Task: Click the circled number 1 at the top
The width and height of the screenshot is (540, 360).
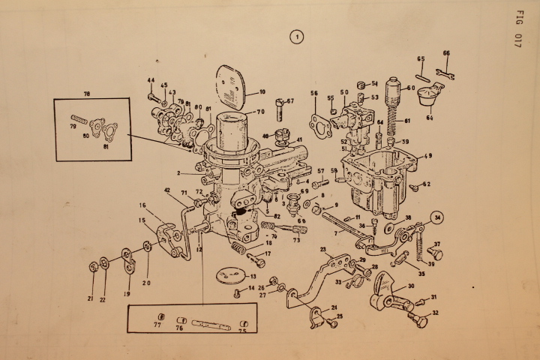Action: (298, 35)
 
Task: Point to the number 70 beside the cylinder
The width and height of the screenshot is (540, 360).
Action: (260, 112)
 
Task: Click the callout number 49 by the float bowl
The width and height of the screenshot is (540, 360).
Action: (427, 156)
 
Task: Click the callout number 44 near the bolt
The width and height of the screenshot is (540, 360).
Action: (151, 81)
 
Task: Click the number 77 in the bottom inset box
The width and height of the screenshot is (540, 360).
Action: (157, 326)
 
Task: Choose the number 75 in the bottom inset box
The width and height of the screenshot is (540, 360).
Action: (242, 331)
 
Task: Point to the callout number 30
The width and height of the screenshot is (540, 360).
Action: (411, 286)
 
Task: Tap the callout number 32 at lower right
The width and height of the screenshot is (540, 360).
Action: (435, 313)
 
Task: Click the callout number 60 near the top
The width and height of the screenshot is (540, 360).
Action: (411, 88)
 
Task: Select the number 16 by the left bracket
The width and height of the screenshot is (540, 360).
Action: (142, 204)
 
